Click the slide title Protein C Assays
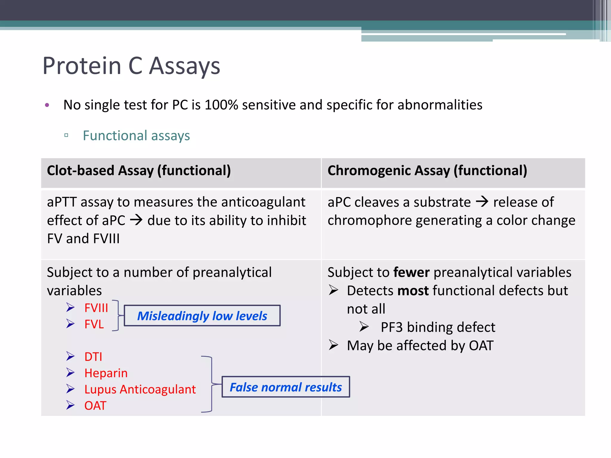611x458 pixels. tap(131, 66)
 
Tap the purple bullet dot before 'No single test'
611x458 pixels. tap(47, 105)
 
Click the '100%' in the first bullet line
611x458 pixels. tap(221, 105)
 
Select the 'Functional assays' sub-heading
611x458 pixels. tap(136, 136)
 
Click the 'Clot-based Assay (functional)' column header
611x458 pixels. tap(139, 171)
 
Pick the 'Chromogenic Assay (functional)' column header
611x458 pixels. tap(427, 171)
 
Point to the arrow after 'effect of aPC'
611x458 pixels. tap(136, 220)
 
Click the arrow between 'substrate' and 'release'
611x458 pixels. tap(482, 202)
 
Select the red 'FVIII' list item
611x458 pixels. tap(96, 308)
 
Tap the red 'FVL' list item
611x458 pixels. tap(94, 324)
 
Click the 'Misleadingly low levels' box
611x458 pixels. tap(202, 316)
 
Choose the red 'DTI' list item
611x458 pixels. tap(93, 357)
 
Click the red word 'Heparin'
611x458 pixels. tap(106, 373)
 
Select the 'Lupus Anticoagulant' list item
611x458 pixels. tap(140, 389)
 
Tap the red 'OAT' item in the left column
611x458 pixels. tap(95, 406)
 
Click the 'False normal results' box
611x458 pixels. tap(286, 387)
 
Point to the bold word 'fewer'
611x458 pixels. tap(411, 272)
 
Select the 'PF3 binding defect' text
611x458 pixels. tap(438, 327)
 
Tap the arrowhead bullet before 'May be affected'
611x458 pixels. tap(334, 345)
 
